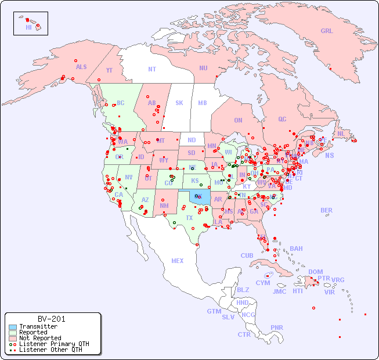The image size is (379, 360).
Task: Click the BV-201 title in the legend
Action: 52,319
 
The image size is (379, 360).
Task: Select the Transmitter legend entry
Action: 38,327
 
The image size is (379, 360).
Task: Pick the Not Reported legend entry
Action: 40,338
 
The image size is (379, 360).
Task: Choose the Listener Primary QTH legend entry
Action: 53,344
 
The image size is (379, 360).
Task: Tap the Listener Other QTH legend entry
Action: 50,350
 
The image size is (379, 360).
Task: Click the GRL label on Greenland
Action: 327,31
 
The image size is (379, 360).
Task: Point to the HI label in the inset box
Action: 28,27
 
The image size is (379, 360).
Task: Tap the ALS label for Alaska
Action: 81,67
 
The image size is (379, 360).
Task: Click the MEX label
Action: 178,261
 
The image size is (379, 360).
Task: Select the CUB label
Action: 247,255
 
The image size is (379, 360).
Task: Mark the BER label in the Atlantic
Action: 327,210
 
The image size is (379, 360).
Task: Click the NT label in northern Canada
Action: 152,69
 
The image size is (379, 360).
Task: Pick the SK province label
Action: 179,103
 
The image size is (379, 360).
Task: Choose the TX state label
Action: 189,218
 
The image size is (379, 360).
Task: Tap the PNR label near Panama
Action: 277,327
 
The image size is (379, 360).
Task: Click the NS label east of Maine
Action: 330,155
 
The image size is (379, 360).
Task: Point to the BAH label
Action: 296,249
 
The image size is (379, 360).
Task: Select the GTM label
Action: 214,311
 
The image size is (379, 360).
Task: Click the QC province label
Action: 282,119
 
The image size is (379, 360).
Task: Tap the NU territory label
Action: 203,68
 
